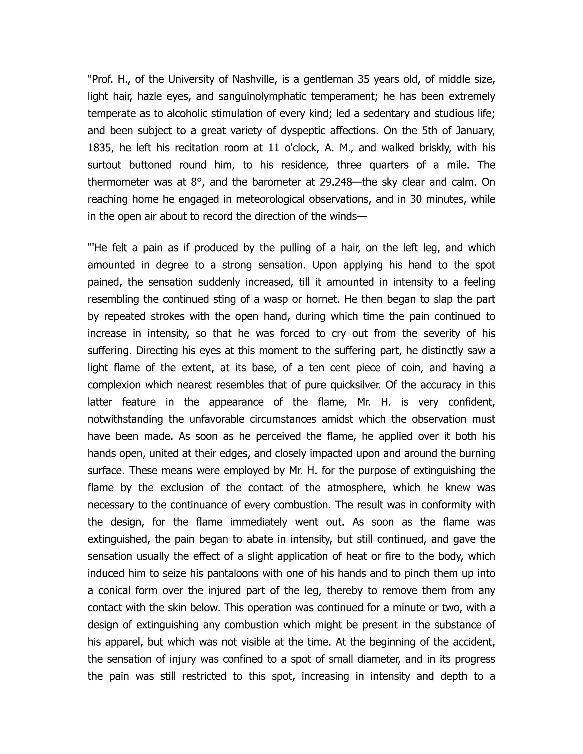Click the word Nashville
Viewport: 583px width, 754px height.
pyautogui.click(x=254, y=79)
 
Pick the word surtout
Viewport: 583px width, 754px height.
pyautogui.click(x=104, y=165)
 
